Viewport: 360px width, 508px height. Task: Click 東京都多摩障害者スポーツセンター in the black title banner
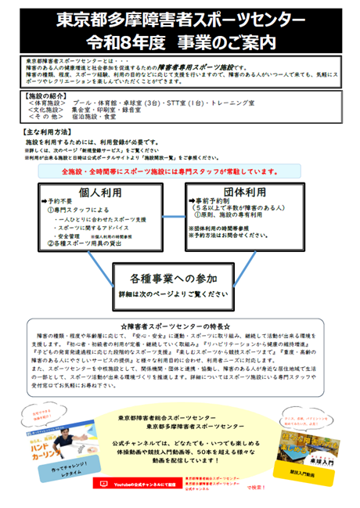coord(180,16)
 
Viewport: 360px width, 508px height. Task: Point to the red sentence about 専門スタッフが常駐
coord(180,171)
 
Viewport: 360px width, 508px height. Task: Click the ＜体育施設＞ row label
coord(49,102)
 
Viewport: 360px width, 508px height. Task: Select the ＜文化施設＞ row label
coord(49,110)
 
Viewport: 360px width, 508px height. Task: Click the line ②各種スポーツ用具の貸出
coord(87,245)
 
